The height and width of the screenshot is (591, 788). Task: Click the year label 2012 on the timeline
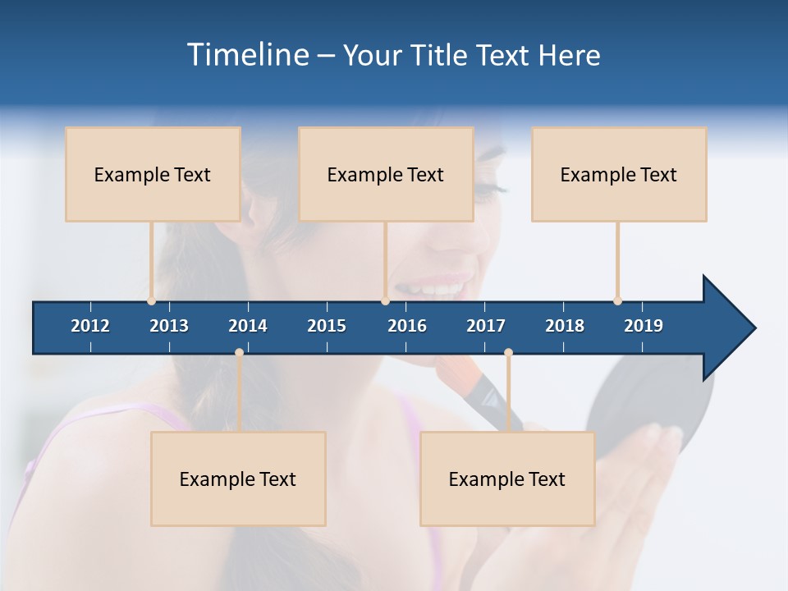[90, 326]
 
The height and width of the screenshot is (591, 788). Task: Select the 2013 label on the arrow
[169, 326]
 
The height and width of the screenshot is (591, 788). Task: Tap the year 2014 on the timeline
[248, 326]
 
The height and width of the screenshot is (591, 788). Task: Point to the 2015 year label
[327, 326]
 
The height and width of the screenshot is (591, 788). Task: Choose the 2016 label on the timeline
[407, 326]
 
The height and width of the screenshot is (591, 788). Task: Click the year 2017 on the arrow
[486, 326]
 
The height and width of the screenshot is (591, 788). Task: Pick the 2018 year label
[565, 326]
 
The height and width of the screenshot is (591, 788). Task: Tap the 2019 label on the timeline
[644, 326]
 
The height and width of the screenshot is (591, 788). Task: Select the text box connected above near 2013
[153, 174]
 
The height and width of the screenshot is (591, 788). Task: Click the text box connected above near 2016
[386, 174]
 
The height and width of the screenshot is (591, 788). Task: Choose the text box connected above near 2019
[619, 174]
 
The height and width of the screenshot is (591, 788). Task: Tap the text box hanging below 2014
[238, 479]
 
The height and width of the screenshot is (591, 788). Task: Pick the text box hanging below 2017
[507, 479]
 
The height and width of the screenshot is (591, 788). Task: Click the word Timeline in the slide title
[246, 55]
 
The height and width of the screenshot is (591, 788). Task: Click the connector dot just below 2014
[239, 353]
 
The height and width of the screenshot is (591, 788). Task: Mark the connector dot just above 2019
[617, 300]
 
